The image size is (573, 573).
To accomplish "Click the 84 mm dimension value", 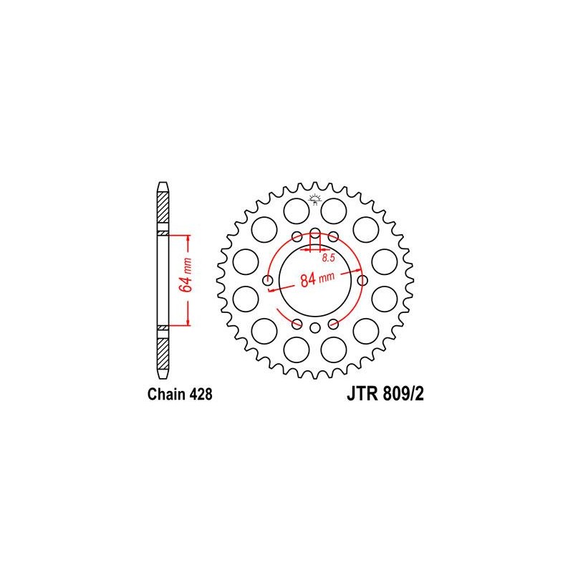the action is pos(317,279).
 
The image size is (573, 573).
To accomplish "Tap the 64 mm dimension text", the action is pos(186,275).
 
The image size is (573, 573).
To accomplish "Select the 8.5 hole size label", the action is pos(328,258).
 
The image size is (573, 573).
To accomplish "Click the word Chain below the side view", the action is pos(167,395).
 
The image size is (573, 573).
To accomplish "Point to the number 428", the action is pos(201,395).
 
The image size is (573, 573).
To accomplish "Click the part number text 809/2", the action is pos(403,395).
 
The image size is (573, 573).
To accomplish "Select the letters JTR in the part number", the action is pos(362,395).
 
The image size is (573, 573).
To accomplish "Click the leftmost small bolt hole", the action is pos(268,281).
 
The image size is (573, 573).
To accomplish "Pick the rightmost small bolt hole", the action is pos(362,281).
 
